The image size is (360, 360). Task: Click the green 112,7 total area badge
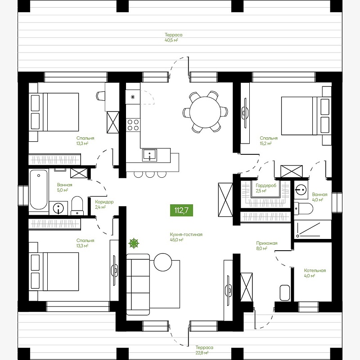(x=181, y=210)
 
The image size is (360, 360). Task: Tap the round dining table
(x=205, y=112)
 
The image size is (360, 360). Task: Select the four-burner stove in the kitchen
(x=133, y=125)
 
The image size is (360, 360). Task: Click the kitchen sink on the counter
(x=150, y=155)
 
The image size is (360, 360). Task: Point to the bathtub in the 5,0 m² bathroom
(x=39, y=189)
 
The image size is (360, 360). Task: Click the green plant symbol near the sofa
(x=134, y=243)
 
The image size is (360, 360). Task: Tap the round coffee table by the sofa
(x=163, y=262)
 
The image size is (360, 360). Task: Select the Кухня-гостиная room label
(x=186, y=234)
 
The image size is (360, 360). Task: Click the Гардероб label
(x=266, y=185)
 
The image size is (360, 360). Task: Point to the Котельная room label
(x=315, y=270)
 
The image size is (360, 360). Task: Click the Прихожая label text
(x=267, y=243)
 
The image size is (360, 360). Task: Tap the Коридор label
(x=104, y=202)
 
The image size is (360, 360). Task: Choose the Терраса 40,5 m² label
(x=174, y=38)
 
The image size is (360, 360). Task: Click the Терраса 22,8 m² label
(x=204, y=350)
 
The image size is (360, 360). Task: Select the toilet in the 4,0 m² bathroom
(x=303, y=209)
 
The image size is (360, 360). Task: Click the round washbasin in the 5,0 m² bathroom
(x=58, y=208)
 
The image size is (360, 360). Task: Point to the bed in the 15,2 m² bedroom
(x=306, y=116)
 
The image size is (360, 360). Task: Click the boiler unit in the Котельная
(x=285, y=292)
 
